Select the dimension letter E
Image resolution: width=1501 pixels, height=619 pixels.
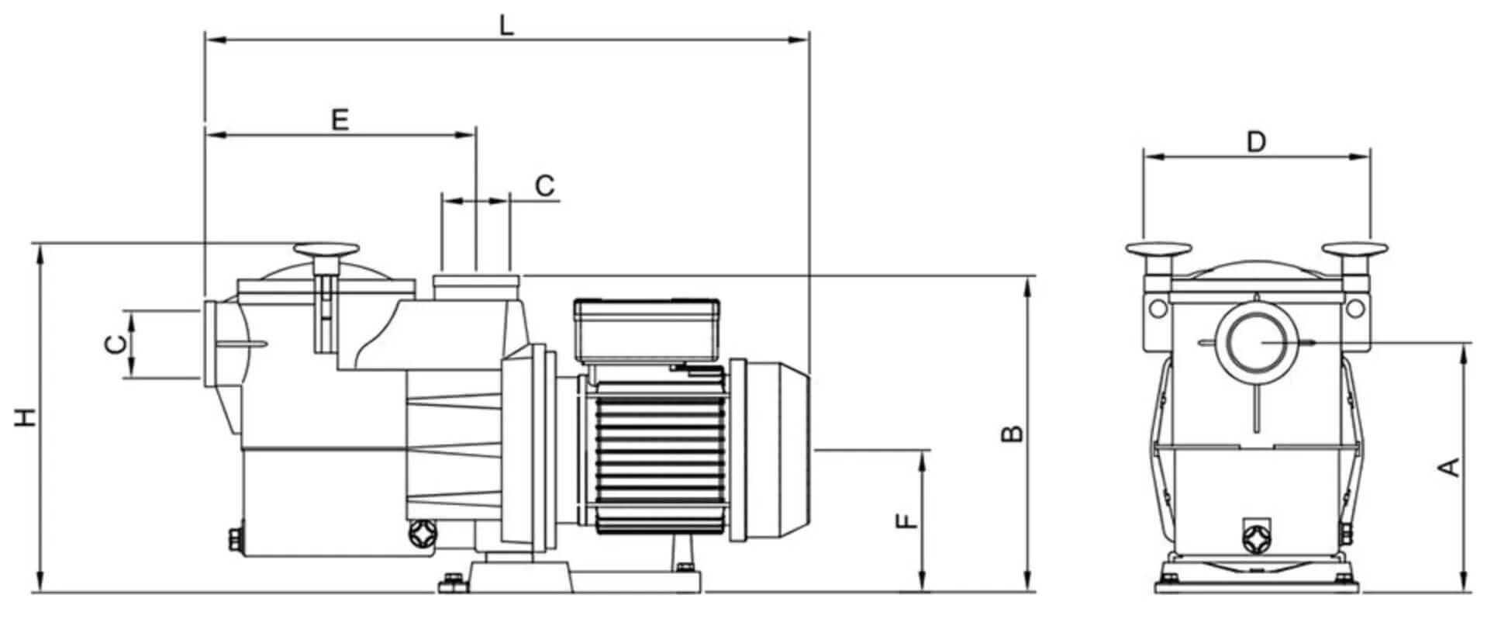[x=340, y=119]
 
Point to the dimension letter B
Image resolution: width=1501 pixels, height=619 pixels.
[x=1013, y=433]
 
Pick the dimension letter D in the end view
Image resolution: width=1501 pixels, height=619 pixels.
[x=1256, y=142]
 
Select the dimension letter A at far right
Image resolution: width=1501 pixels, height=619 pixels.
[x=1449, y=467]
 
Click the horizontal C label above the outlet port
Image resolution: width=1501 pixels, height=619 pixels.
[x=546, y=186]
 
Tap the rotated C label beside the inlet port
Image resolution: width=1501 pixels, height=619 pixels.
[x=115, y=344]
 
